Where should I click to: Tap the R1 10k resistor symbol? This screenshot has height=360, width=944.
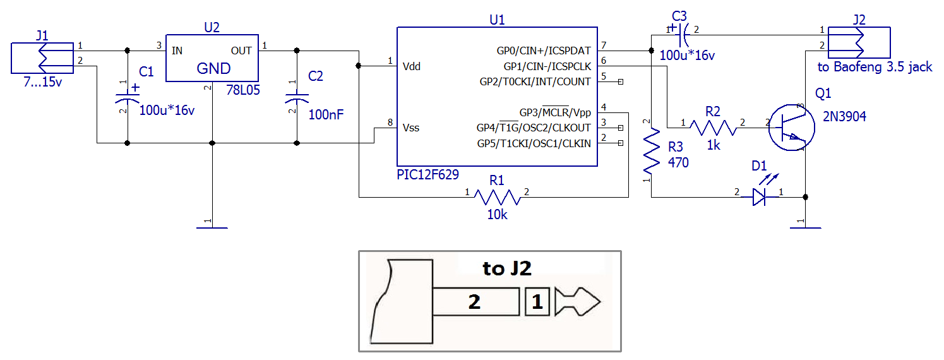(497, 198)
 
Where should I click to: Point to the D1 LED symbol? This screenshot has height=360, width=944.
(760, 197)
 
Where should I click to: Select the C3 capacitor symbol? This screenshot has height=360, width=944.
(679, 30)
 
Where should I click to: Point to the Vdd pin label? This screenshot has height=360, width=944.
(411, 66)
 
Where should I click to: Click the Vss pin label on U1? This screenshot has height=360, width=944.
(410, 128)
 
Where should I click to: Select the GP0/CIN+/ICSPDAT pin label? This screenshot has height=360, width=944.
(544, 50)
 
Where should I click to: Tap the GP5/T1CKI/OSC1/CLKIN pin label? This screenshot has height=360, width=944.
(534, 143)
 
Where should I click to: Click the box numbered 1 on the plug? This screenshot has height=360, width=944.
(537, 302)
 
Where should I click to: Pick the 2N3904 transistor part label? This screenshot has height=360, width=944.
(845, 116)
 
